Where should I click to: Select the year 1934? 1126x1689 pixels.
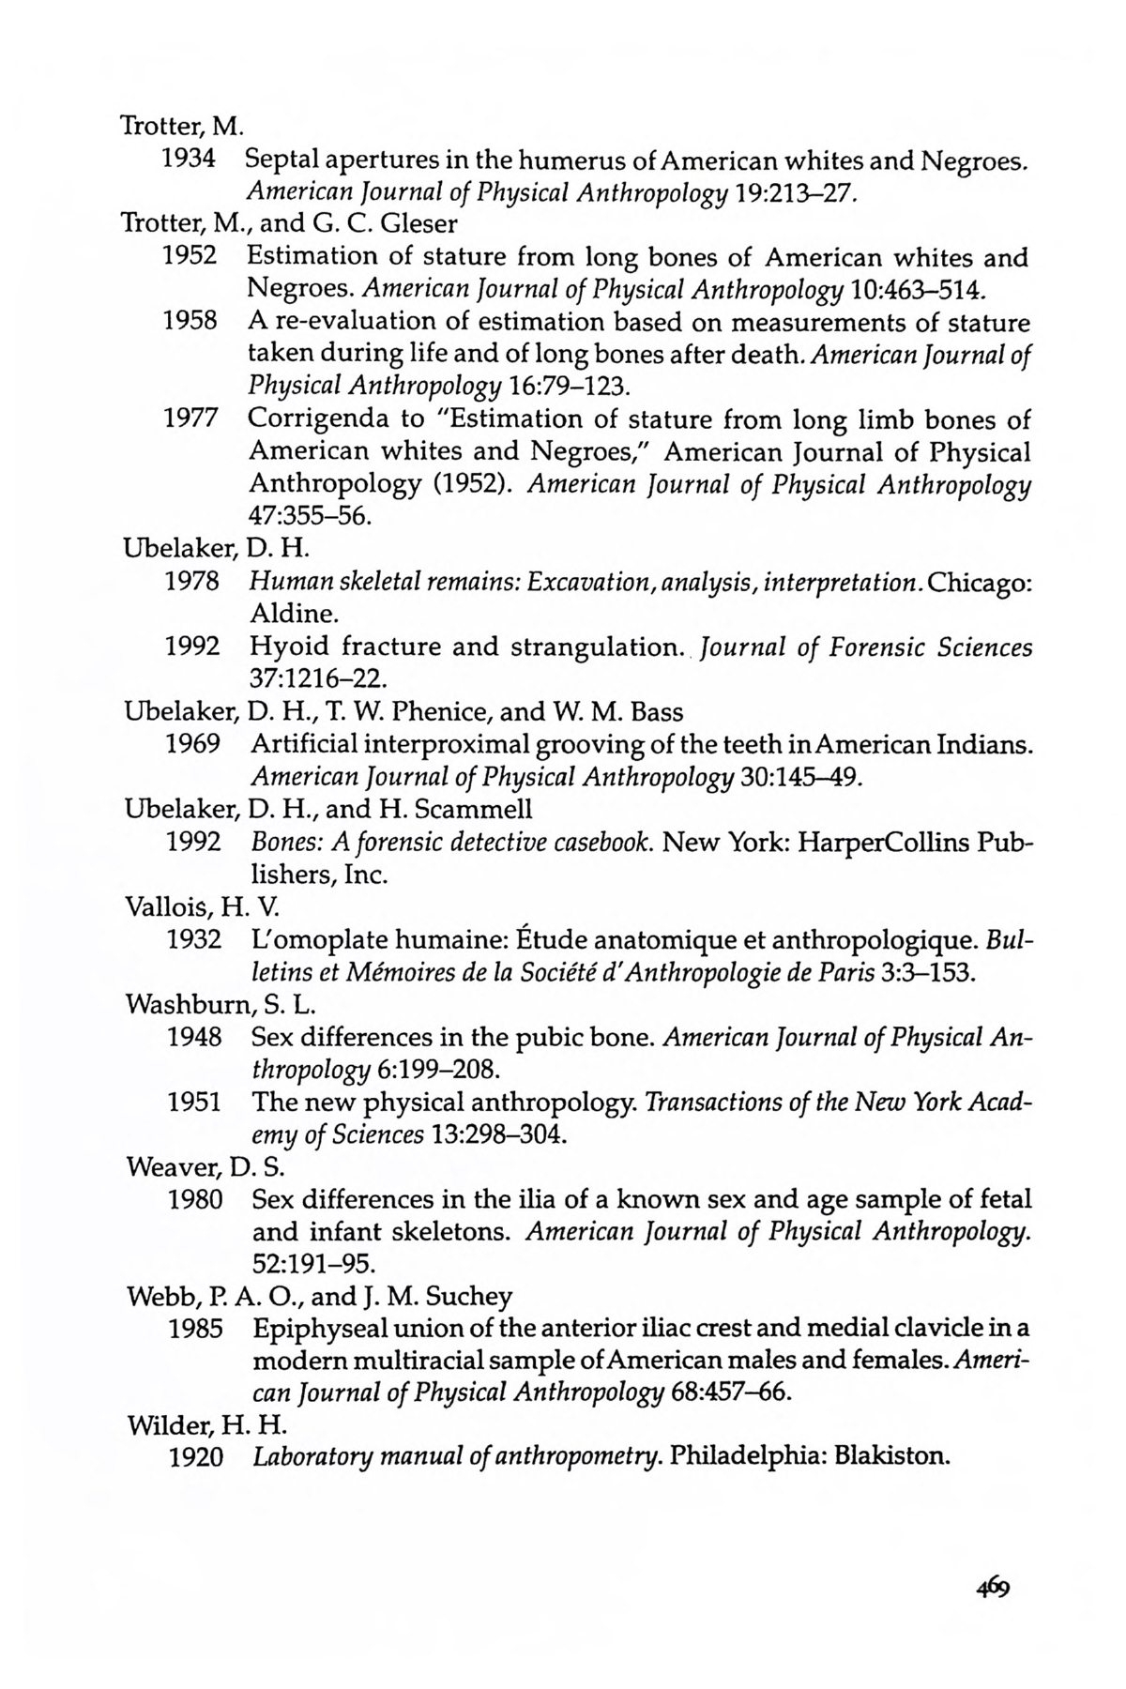pyautogui.click(x=190, y=160)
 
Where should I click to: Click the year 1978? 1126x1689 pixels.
pyautogui.click(x=192, y=582)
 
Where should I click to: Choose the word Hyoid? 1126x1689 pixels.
pyautogui.click(x=288, y=647)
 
